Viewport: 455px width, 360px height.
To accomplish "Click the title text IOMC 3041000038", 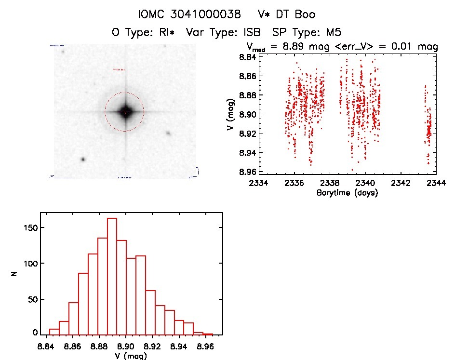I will point(189,14).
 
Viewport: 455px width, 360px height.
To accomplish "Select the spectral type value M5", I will point(334,32).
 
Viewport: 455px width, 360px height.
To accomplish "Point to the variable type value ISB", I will point(252,32).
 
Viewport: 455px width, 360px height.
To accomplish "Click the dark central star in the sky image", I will point(125,112).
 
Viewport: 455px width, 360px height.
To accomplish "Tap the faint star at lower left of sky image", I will point(83,159).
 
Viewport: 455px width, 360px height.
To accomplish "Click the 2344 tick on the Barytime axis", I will point(436,183).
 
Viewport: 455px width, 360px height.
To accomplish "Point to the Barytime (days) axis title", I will point(347,193).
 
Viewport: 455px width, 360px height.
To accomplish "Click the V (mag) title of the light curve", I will point(230,114).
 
